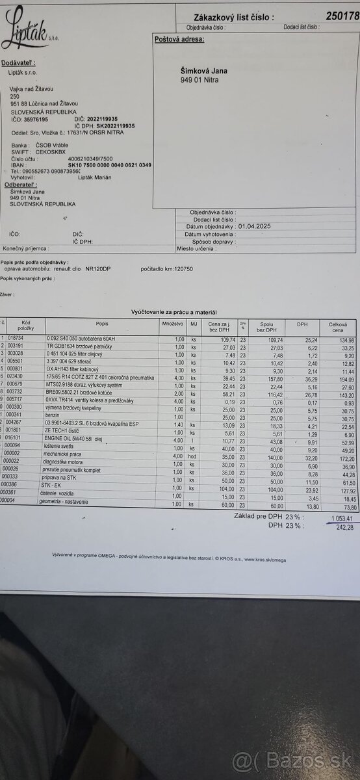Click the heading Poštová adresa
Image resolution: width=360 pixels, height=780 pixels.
pyautogui.click(x=179, y=39)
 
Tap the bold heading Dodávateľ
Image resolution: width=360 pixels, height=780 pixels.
pyautogui.click(x=19, y=62)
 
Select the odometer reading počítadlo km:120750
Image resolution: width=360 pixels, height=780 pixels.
pyautogui.click(x=166, y=268)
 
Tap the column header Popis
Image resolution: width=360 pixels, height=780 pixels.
pyautogui.click(x=102, y=323)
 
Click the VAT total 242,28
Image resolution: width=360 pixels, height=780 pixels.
pyautogui.click(x=342, y=527)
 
